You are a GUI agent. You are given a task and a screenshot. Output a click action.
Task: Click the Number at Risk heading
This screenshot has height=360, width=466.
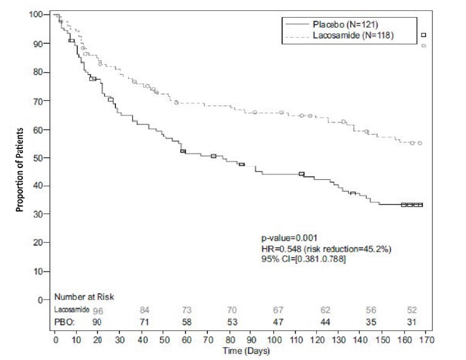click(84, 297)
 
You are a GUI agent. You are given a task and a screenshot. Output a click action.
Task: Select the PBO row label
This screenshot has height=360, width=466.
click(64, 320)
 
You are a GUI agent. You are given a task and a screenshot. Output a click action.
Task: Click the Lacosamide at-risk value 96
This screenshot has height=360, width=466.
click(99, 310)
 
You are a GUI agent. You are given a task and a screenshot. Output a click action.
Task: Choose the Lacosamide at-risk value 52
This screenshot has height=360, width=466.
click(412, 310)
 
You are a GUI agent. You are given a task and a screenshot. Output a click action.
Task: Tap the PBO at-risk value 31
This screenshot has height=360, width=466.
click(412, 320)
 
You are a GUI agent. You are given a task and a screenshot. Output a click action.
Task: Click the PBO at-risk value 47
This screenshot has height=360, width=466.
click(279, 320)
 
